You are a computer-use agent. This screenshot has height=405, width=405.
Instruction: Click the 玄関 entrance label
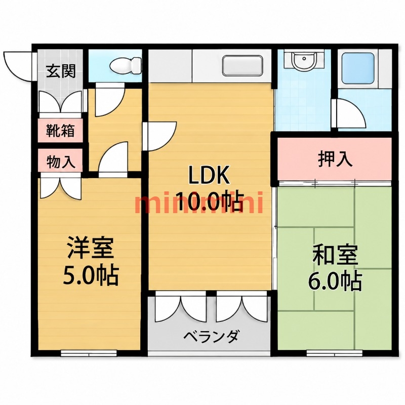(61, 71)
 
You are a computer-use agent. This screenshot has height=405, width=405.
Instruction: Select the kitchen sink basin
(242, 66)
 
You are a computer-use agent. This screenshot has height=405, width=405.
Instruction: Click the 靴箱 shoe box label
(60, 131)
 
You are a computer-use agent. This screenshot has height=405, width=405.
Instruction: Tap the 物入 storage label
(61, 162)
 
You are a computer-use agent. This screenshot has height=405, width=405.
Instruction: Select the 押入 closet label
(335, 158)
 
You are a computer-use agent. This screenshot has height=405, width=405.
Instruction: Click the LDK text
(209, 175)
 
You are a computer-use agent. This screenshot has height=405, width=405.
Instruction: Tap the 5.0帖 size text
(91, 274)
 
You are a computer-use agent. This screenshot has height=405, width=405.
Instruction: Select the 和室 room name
(335, 254)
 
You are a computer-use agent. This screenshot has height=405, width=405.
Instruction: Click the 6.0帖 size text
(335, 280)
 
